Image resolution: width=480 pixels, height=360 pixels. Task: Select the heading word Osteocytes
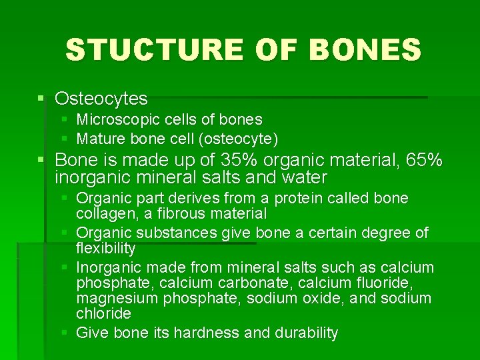(x=101, y=99)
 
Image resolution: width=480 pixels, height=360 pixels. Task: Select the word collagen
(x=105, y=214)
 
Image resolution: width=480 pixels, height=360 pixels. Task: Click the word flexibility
(x=106, y=249)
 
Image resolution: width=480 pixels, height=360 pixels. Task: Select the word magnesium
(x=115, y=299)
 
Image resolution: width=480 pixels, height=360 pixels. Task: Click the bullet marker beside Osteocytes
(x=41, y=99)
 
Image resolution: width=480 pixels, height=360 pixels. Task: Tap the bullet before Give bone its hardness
(x=65, y=333)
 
